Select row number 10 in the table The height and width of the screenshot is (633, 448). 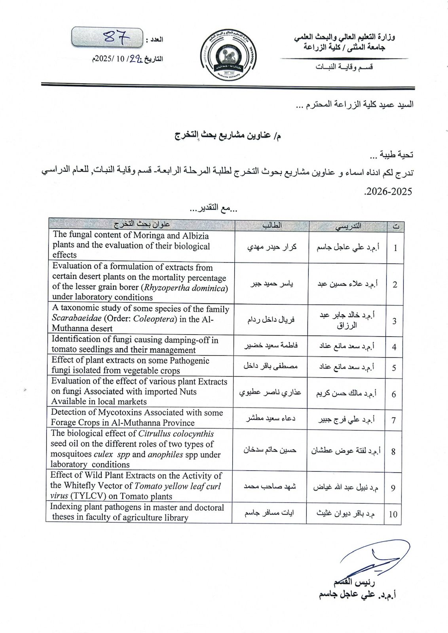coord(393,514)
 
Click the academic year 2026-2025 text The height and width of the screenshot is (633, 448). coord(388,191)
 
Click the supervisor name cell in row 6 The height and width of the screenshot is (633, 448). coord(346,393)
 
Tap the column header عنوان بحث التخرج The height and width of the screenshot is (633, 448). coord(142,224)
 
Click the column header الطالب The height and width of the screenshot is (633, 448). coord(272,225)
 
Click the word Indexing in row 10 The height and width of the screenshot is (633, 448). coord(64,507)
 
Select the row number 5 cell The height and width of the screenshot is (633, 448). coord(394,368)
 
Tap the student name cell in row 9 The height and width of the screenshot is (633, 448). coord(270,487)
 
